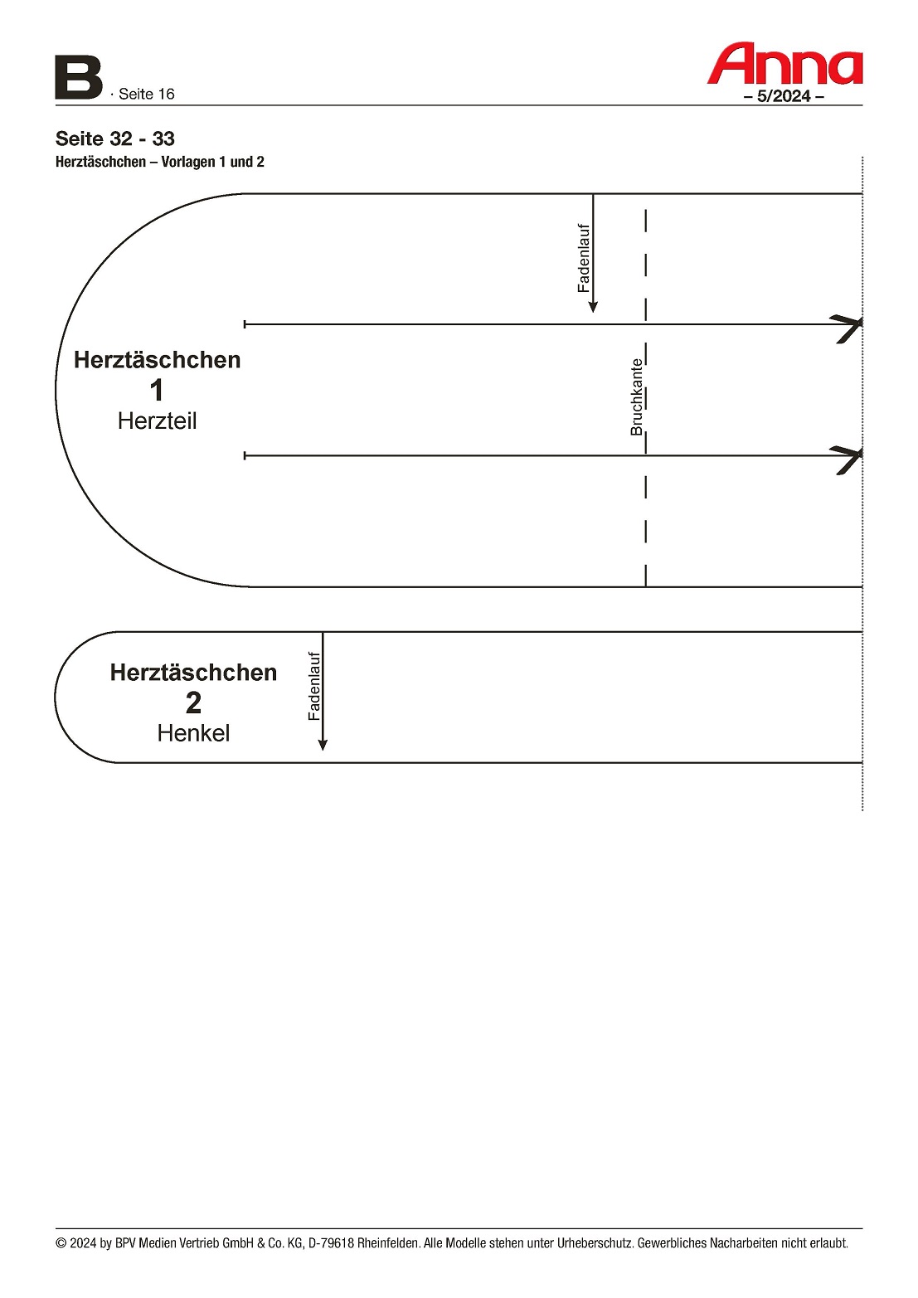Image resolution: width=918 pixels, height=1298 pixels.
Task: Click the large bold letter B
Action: [78, 78]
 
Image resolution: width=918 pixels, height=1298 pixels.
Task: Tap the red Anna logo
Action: [784, 64]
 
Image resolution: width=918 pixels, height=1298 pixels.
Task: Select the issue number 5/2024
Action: [784, 96]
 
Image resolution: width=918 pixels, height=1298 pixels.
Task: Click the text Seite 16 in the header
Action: [146, 94]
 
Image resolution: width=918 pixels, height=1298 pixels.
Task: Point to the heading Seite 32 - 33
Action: [114, 139]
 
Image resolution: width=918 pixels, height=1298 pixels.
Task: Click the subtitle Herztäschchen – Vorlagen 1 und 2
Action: [160, 162]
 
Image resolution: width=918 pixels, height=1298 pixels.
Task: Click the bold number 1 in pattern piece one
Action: [157, 391]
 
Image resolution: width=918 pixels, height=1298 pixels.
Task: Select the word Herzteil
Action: [157, 421]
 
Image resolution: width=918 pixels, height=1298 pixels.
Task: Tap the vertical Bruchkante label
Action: [636, 397]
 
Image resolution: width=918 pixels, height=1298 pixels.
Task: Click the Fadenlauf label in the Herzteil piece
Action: [584, 259]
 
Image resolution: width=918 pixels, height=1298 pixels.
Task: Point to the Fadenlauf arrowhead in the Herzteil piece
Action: [593, 307]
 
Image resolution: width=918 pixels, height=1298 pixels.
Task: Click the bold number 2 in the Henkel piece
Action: [193, 702]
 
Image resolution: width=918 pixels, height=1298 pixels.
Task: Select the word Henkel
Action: [193, 734]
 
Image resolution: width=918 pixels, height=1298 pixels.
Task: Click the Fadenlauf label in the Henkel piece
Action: [314, 686]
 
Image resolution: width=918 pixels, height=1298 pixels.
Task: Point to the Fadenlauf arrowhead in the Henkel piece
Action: [323, 745]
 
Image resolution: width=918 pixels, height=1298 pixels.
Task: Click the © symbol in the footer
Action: [61, 1243]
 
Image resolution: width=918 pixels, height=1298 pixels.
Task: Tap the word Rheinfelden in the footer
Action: [388, 1243]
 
